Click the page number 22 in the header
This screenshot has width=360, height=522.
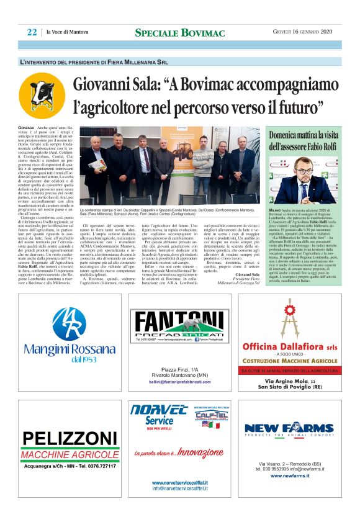click(32, 32)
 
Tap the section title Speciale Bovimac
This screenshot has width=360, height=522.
click(179, 32)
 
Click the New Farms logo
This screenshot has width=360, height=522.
click(289, 428)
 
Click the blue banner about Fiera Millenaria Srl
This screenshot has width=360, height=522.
click(179, 62)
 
